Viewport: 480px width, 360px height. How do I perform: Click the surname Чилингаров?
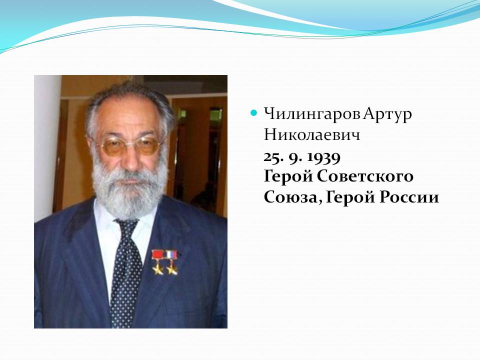[x=312, y=114]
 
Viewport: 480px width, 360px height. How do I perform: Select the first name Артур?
[x=388, y=115]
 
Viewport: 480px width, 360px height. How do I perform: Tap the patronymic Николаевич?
[x=312, y=134]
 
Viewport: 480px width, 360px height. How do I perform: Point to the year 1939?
[x=323, y=157]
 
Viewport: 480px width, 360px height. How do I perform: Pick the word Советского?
[x=365, y=176]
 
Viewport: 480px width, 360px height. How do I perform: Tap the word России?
[x=409, y=197]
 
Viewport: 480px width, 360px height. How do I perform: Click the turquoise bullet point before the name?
[x=253, y=113]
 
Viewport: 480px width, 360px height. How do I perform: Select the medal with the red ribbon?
[x=157, y=262]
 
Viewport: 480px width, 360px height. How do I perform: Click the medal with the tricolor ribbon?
[x=171, y=262]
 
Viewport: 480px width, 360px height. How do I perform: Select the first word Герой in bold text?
[x=288, y=176]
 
